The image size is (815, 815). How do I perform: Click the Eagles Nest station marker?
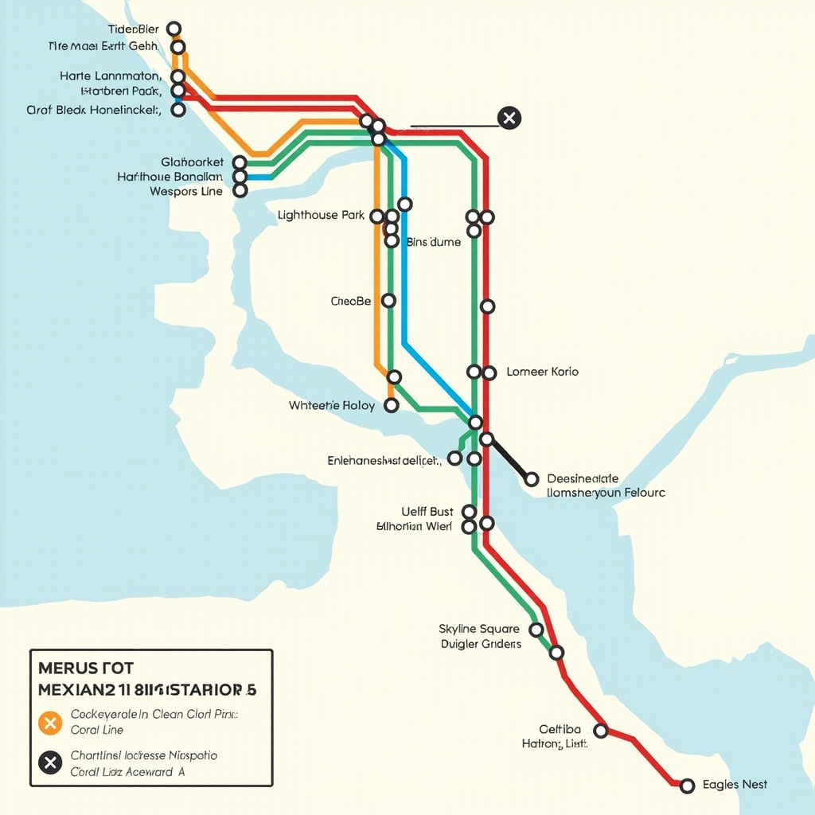[x=688, y=786]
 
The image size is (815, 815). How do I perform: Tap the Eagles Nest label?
[x=735, y=785]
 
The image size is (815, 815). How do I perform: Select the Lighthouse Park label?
[x=321, y=216]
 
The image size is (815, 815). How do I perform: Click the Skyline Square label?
[x=479, y=629]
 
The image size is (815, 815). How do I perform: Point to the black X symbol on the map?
[x=509, y=119]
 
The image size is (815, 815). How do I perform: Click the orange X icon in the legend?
[x=50, y=723]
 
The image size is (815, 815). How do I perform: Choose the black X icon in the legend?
[x=50, y=763]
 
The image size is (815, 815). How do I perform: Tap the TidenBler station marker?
[x=174, y=29]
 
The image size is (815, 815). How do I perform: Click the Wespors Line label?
[x=186, y=192]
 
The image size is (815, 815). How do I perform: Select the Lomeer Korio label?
[x=542, y=372]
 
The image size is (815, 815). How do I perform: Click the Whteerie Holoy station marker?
[x=391, y=406]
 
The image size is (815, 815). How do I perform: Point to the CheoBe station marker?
[x=388, y=301]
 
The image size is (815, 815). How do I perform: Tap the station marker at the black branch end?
[x=532, y=479]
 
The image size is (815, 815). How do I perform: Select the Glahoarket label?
[x=192, y=162]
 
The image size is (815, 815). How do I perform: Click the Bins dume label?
[x=433, y=242]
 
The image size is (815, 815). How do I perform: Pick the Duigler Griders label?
[x=481, y=644]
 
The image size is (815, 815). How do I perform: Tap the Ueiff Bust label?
[x=427, y=512]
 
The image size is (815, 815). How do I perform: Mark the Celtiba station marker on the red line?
[x=602, y=731]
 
